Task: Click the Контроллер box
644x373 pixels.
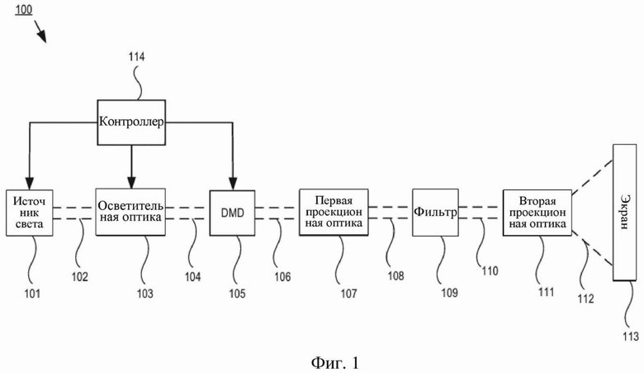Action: [131, 122]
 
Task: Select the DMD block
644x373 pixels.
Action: [233, 213]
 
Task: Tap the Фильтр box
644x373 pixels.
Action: [435, 213]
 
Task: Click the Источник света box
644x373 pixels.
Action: [30, 213]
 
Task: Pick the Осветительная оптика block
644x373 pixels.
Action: [130, 212]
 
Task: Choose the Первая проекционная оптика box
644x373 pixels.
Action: [334, 212]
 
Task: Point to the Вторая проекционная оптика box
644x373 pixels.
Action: [537, 213]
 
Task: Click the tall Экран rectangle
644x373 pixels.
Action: [625, 212]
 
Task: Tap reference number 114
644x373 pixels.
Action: [136, 57]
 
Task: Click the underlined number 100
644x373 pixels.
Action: [24, 9]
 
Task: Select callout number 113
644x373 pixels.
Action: [631, 336]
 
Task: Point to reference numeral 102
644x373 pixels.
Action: [80, 277]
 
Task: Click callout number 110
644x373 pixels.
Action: [490, 270]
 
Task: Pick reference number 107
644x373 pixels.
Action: [348, 294]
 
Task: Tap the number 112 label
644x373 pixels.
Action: [585, 299]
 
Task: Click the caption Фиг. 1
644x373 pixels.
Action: [335, 363]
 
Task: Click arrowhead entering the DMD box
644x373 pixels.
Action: [233, 184]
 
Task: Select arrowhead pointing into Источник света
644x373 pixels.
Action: [29, 184]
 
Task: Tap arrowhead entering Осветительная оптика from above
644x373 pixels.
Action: [131, 183]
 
